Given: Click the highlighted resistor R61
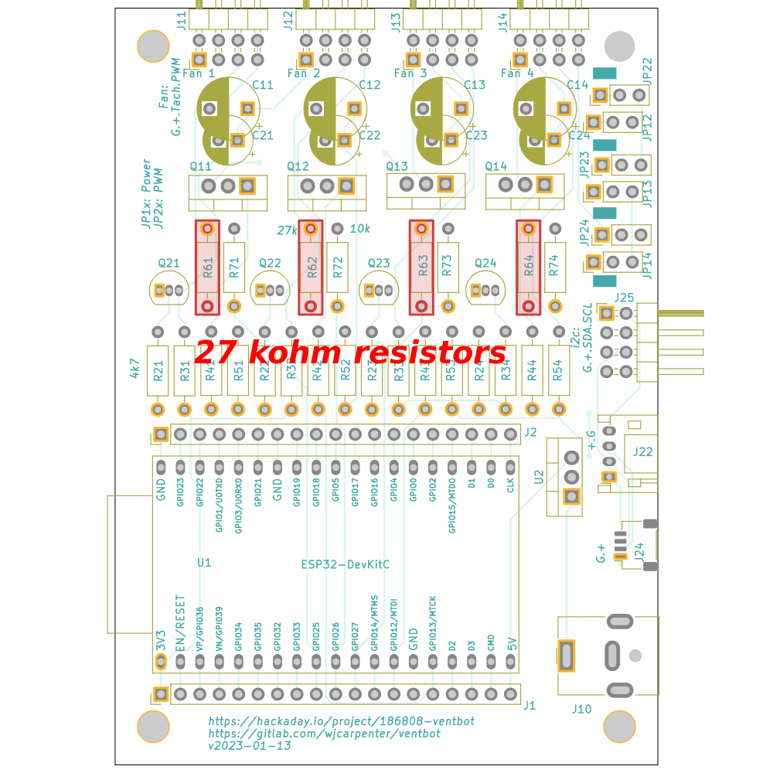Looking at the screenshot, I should (x=207, y=267).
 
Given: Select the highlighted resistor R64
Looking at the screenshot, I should (x=529, y=267).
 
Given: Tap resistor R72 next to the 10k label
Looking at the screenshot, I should (x=337, y=267).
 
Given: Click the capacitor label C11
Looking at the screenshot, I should (x=263, y=85).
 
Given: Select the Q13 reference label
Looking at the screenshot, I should (x=397, y=166).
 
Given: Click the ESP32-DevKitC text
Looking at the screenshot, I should (x=345, y=564).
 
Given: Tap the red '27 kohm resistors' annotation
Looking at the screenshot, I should (x=350, y=353).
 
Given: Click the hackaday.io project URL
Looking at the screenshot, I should (x=341, y=720).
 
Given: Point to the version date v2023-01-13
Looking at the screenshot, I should (x=250, y=746).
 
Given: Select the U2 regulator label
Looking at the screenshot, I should (x=539, y=477).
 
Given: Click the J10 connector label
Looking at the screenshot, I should (x=581, y=709).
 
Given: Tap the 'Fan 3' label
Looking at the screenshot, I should (x=410, y=73).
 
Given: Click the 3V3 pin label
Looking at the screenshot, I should (x=161, y=639).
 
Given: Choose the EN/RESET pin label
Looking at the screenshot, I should (x=180, y=623).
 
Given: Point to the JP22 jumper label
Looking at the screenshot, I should (x=647, y=70).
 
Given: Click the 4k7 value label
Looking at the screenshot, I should (x=135, y=368).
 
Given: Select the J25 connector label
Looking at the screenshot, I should (x=624, y=298).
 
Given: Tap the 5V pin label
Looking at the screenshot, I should (x=511, y=643).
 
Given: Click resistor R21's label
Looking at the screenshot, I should (x=158, y=373).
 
